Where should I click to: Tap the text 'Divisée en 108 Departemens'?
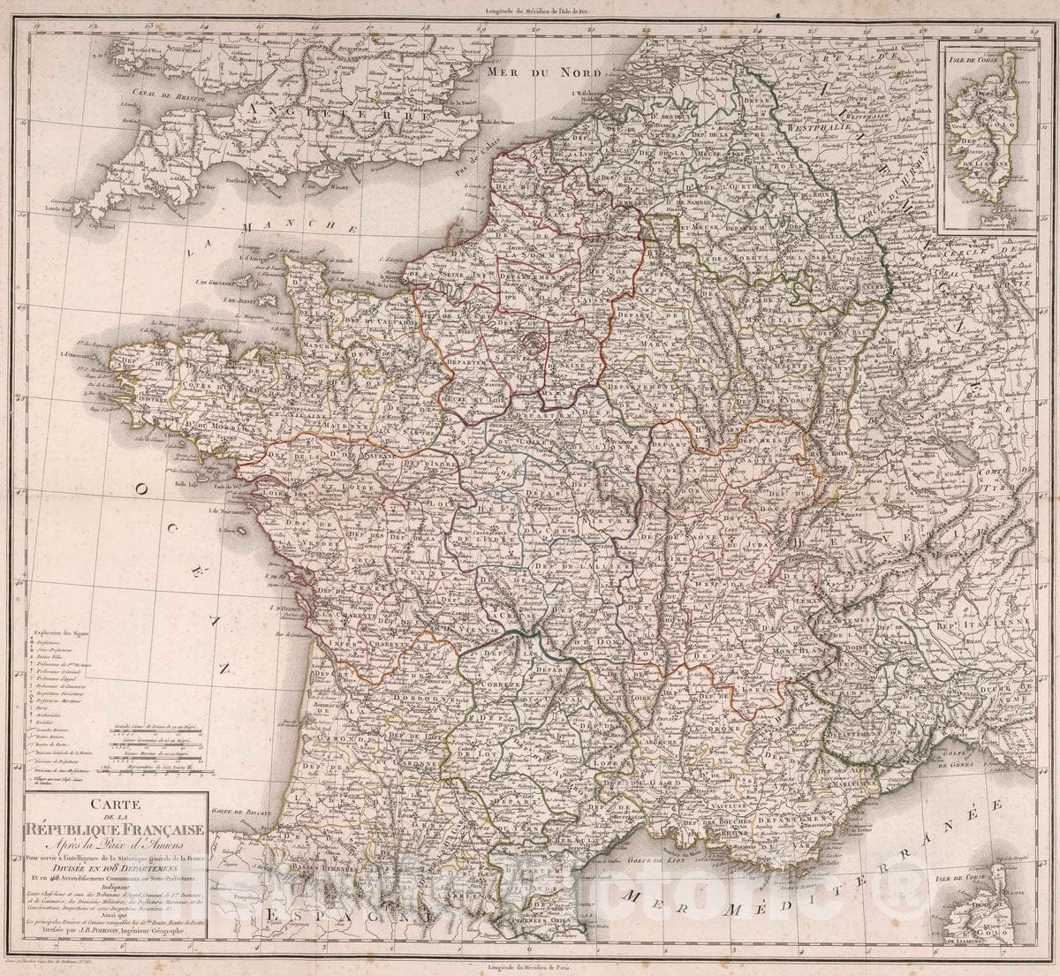[116, 866]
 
